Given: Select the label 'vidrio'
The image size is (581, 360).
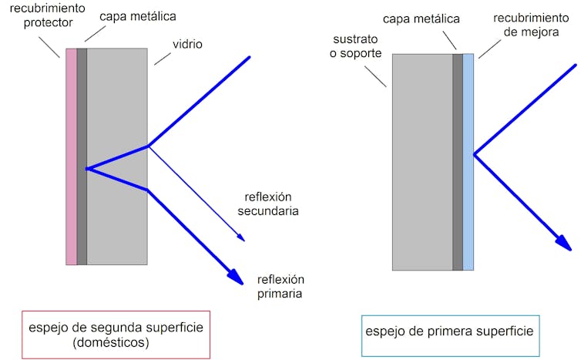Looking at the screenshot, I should (188, 45).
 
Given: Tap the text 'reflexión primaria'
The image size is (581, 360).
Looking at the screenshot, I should (281, 286).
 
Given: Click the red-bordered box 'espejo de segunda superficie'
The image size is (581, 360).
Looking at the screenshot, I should (116, 335).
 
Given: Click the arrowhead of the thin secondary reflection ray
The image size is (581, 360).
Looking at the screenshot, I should (241, 238).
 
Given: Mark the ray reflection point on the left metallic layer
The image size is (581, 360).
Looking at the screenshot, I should (87, 168).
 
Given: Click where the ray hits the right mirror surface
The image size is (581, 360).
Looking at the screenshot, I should (474, 155).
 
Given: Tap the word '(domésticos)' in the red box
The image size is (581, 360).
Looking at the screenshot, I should (116, 342).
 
